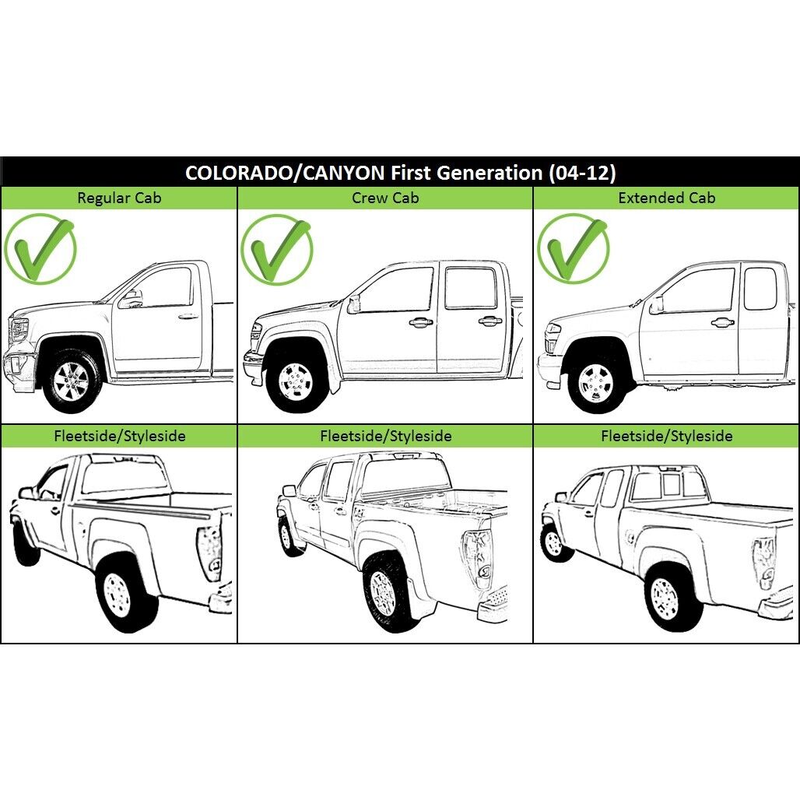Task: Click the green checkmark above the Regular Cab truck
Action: [x=40, y=250]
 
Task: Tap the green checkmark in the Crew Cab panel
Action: [x=276, y=250]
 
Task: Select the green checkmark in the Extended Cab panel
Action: [x=574, y=248]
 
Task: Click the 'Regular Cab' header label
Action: [x=119, y=198]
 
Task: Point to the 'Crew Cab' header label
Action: [x=385, y=198]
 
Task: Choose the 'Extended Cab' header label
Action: [x=666, y=198]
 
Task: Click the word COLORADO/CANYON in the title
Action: [x=285, y=173]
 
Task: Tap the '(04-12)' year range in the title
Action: [x=582, y=173]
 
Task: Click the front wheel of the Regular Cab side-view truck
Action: [x=71, y=381]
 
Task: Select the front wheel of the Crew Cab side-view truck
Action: [x=296, y=381]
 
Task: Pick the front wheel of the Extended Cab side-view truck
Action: [x=595, y=383]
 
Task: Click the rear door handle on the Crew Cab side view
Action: [x=489, y=321]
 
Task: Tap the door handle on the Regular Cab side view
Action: [x=188, y=316]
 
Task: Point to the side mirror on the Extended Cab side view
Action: [x=656, y=304]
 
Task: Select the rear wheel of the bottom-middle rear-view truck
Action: [x=384, y=592]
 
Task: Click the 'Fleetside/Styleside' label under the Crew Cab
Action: [x=386, y=437]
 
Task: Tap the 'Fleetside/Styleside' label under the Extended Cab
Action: [x=666, y=437]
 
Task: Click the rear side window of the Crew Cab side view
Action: [x=470, y=288]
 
